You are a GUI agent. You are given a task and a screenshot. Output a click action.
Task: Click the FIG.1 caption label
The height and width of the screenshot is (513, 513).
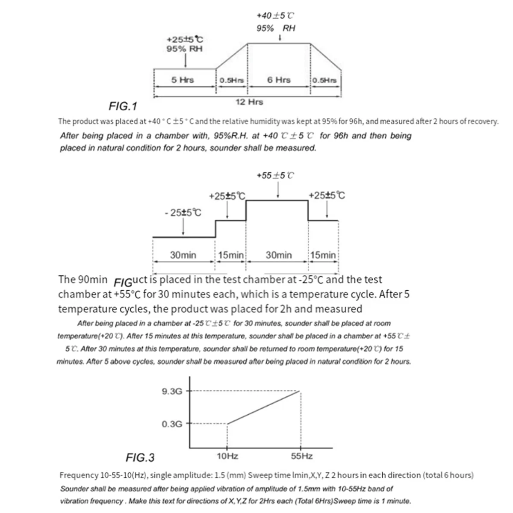(123, 106)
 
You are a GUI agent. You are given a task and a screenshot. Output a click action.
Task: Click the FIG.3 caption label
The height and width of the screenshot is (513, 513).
(140, 458)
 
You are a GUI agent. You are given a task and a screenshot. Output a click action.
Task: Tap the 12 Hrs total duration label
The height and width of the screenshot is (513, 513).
(249, 102)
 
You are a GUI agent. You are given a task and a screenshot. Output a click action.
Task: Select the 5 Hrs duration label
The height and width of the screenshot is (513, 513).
(183, 80)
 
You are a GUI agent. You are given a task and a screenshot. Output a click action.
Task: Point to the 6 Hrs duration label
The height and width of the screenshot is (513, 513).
(279, 80)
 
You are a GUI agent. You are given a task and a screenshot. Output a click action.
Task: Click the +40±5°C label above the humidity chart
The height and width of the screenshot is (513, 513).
(275, 16)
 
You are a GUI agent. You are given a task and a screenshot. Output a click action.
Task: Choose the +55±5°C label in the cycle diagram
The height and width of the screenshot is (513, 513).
(275, 176)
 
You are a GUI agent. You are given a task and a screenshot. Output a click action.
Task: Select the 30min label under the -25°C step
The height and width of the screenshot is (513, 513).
(183, 255)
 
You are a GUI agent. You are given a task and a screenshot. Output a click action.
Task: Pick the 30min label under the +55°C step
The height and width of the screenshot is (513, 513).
(279, 255)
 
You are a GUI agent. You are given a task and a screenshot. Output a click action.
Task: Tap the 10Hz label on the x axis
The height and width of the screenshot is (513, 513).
(227, 456)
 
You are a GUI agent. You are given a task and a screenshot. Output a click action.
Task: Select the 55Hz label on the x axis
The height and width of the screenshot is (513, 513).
(302, 456)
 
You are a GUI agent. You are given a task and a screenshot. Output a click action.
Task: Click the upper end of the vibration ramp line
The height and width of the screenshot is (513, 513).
(300, 391)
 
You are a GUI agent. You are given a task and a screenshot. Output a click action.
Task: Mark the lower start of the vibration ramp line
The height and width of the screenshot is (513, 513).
(227, 424)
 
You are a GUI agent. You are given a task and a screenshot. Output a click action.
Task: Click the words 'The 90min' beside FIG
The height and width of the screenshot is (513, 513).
(83, 280)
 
